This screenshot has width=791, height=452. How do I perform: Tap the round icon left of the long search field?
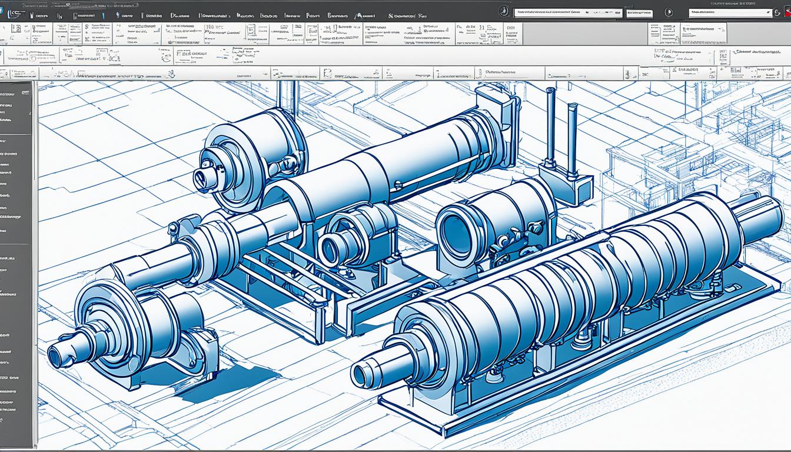click(503, 12)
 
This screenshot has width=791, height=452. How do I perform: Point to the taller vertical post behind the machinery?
click(551, 127)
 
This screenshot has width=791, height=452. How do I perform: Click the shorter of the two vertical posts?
click(572, 138)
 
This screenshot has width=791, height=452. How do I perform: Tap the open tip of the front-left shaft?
click(56, 356)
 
